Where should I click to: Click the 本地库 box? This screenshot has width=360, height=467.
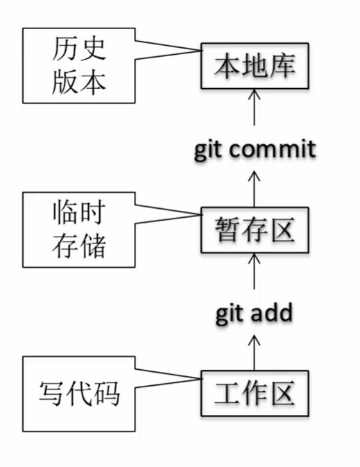coord(255,67)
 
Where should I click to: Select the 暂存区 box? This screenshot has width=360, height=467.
coord(255,229)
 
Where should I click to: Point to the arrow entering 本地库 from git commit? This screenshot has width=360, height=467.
coord(255,108)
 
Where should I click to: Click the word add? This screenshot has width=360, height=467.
coord(271,313)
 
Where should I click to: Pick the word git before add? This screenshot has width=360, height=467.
coord(230,314)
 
